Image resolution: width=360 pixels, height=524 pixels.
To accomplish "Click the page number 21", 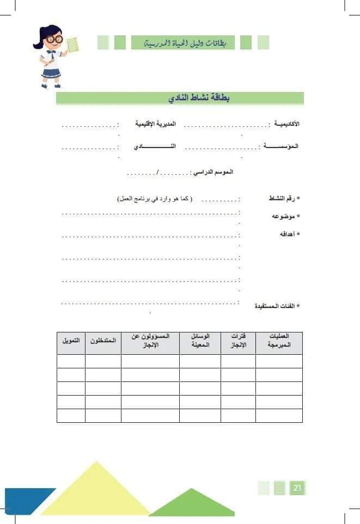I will coord(297,488).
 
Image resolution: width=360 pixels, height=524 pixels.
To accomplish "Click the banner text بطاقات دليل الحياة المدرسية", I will coord(182,42).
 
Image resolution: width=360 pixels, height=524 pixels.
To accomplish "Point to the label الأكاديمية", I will coord(286,125).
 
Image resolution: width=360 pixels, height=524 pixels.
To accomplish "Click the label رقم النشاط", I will coord(284,199).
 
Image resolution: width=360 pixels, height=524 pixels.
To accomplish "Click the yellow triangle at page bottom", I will coord(98,490).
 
